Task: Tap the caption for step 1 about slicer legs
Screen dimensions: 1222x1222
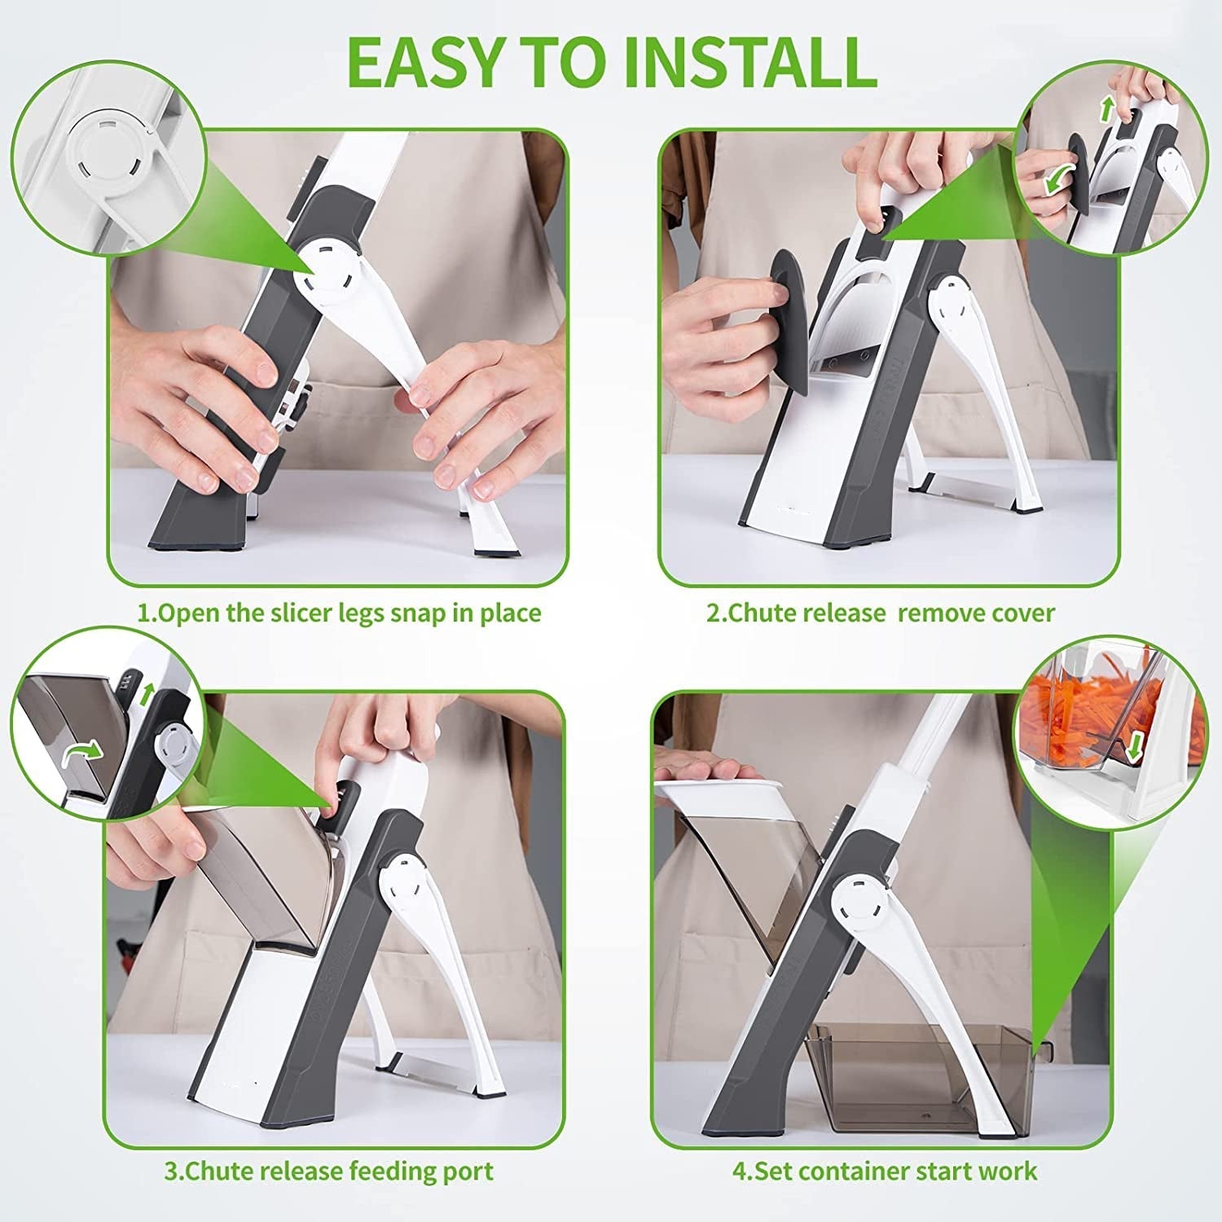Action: [x=338, y=613]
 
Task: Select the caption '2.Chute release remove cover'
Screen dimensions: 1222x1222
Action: [x=880, y=613]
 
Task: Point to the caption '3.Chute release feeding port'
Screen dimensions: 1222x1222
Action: [x=328, y=1171]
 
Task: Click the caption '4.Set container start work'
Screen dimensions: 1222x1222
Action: [x=884, y=1171]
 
